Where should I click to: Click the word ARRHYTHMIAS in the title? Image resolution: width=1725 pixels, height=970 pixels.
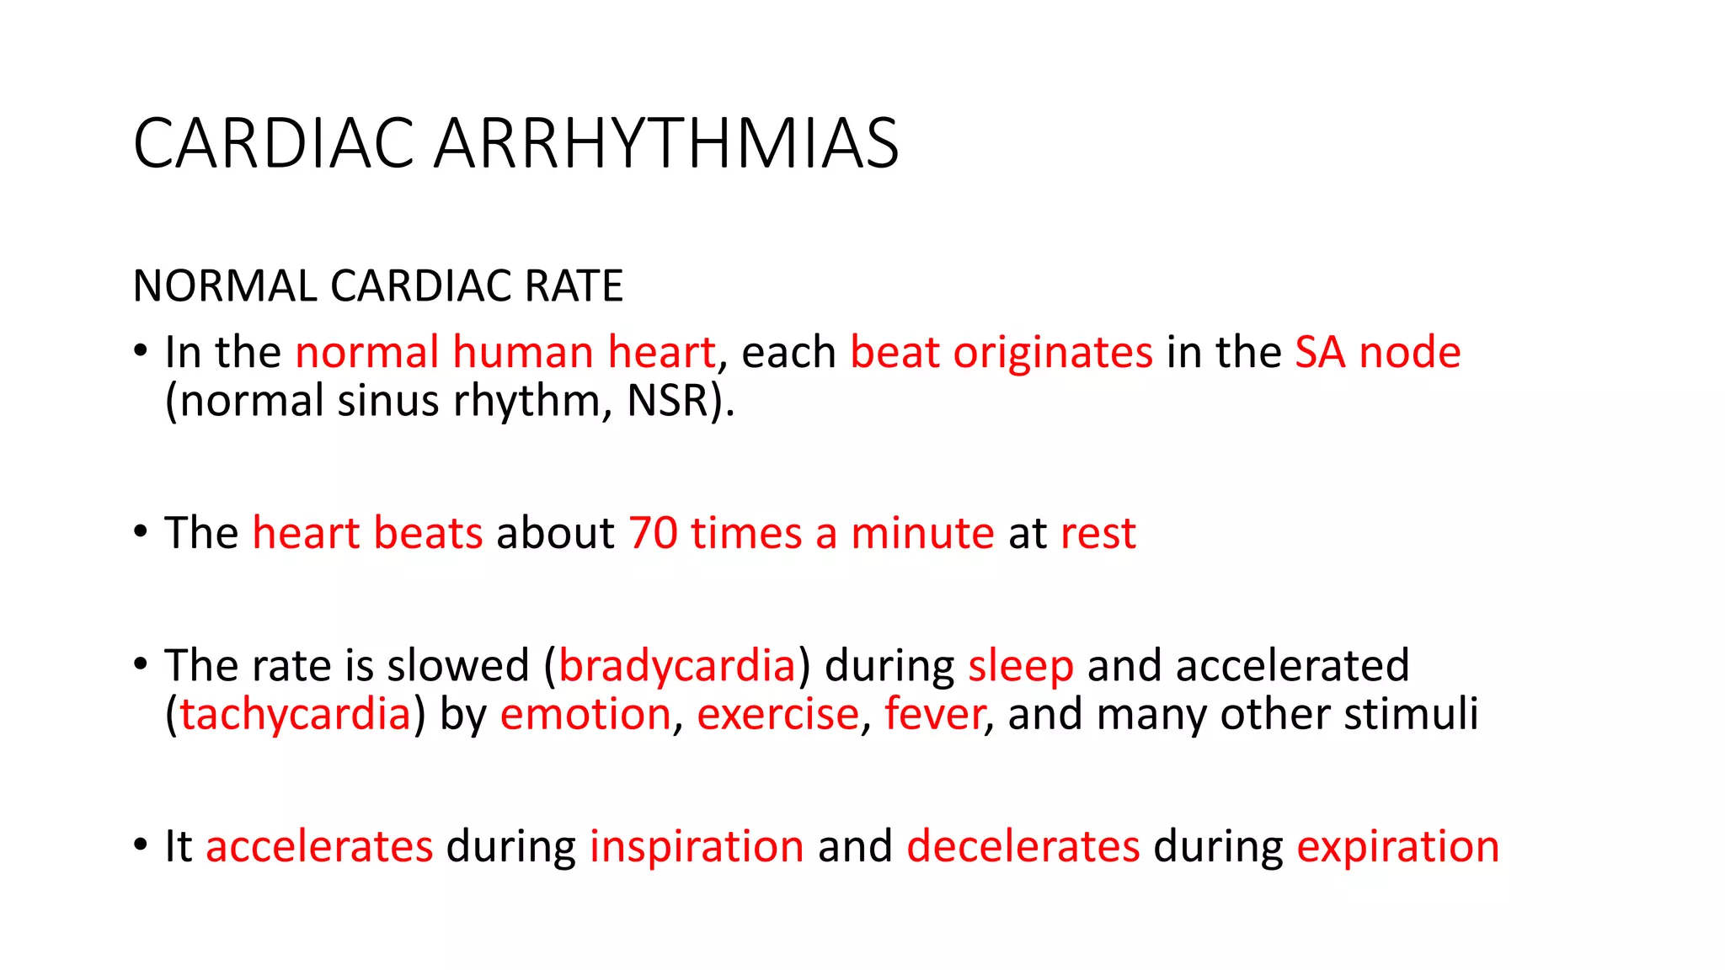coord(666,143)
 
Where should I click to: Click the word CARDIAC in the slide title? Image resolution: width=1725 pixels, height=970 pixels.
coord(274,143)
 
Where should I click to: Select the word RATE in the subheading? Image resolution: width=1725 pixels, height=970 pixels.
coord(574,285)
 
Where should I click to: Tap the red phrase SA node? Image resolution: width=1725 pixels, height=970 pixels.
coord(1377,352)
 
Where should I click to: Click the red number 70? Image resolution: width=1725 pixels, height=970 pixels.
coord(653,533)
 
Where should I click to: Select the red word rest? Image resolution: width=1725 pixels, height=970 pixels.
coord(1098,534)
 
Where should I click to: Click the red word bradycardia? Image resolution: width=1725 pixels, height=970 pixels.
coord(677,666)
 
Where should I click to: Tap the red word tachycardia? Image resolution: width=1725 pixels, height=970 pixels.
coord(295,715)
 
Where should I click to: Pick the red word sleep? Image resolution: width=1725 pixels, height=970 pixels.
coord(1021,666)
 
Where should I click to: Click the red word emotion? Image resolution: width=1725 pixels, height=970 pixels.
coord(585,715)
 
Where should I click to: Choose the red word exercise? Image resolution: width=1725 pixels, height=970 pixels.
coord(777,715)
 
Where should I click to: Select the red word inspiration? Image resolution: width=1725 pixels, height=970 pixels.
coord(697,847)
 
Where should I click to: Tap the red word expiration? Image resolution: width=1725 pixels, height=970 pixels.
coord(1397,847)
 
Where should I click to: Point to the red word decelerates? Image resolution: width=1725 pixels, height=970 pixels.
coord(1023,847)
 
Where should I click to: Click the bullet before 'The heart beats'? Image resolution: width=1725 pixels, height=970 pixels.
coord(141,532)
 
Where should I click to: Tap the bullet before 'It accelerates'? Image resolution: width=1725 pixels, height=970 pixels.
coord(141,845)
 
